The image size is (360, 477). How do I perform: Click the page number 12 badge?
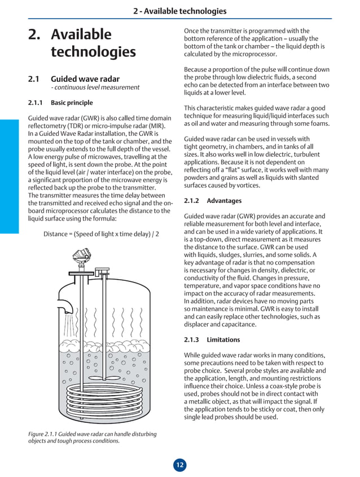[179, 465]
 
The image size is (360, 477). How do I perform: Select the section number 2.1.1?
[37, 103]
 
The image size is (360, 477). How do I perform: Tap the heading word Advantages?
[224, 201]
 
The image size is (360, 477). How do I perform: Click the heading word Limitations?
[223, 340]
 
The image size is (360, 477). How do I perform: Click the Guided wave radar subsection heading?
[85, 79]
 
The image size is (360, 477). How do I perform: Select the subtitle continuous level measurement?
[95, 87]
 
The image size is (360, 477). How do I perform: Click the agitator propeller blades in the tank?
[104, 373]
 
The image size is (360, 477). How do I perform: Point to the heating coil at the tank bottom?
[104, 394]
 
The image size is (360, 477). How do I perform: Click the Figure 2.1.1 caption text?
[92, 438]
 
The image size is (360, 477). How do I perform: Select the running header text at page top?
[179, 11]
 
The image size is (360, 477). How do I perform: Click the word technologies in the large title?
[93, 52]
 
